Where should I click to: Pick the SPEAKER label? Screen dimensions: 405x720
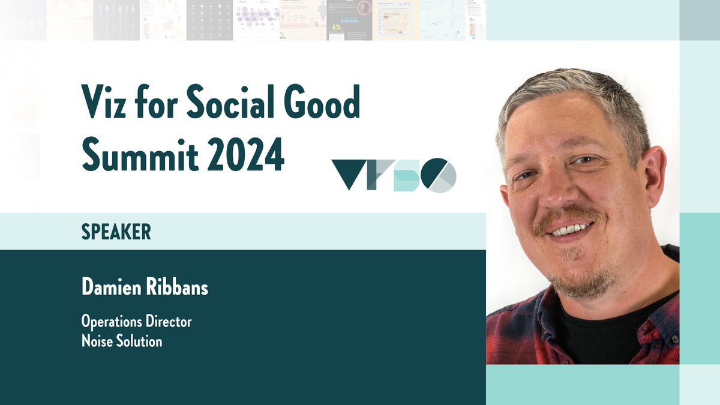point(116,232)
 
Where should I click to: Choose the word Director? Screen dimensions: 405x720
point(170,322)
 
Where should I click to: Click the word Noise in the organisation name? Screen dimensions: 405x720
point(96,341)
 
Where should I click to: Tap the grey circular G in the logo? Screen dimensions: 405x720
point(440,175)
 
